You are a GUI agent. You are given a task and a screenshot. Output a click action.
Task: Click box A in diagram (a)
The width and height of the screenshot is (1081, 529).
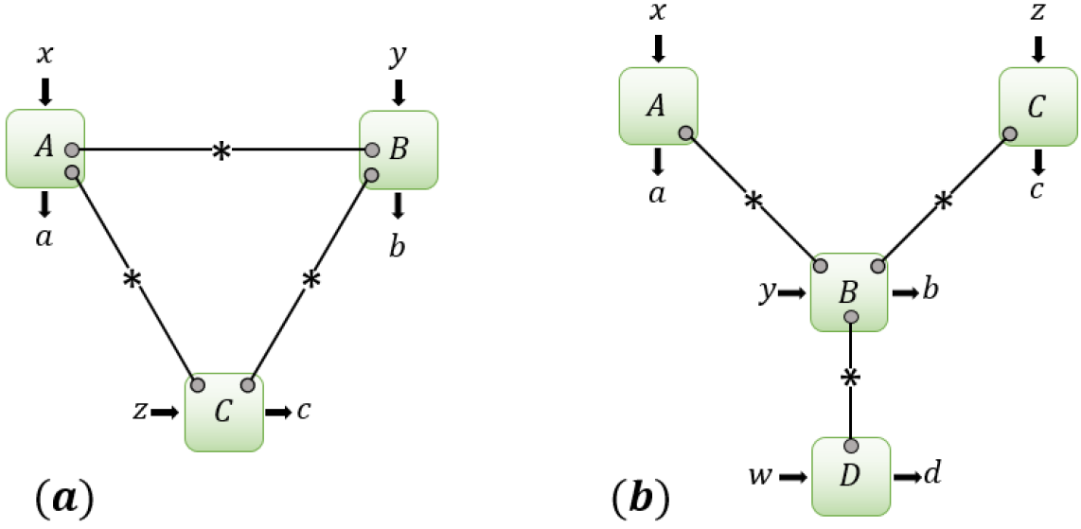point(45,148)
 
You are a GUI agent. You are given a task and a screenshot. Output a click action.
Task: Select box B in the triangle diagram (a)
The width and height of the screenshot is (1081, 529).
point(399,150)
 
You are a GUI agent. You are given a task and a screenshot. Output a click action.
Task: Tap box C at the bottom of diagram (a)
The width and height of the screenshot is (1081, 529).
point(223,413)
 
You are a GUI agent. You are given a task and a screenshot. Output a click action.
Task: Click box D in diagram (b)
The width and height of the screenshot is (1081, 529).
point(852,476)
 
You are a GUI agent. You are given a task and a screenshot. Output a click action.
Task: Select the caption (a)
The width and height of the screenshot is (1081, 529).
point(63,495)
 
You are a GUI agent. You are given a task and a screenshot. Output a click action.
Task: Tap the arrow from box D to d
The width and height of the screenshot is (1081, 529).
point(907,476)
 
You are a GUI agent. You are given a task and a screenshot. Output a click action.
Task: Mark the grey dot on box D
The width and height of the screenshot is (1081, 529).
point(851,446)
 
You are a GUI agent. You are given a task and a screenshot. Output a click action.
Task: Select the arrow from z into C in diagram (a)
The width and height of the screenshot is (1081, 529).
point(165,412)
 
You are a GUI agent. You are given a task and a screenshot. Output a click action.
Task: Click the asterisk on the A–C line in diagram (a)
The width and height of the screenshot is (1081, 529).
point(131,280)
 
